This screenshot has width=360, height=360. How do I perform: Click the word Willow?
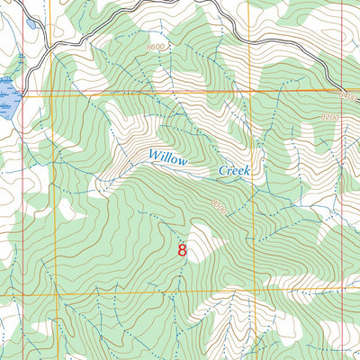(168, 160)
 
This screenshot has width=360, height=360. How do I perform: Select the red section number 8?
(183, 250)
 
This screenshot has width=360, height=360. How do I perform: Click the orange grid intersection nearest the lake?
(51, 91)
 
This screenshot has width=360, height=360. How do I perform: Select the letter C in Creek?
(222, 169)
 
